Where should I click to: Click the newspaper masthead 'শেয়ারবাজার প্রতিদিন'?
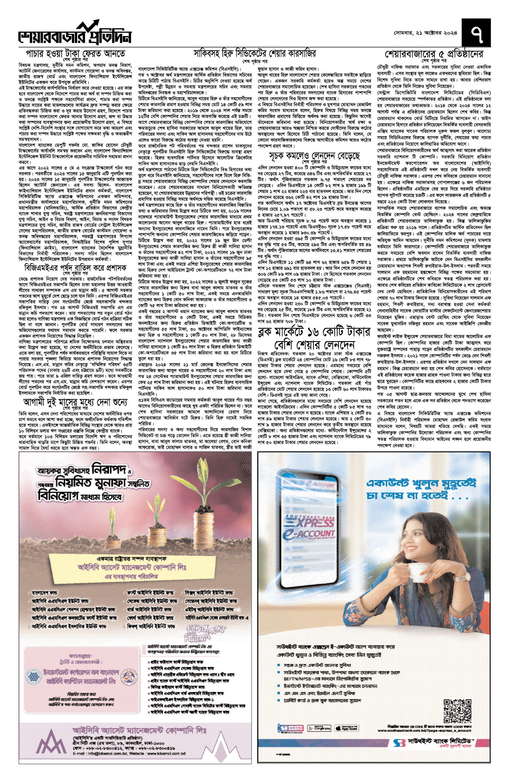click(75, 36)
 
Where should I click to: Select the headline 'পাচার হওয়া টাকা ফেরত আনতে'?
click(76, 54)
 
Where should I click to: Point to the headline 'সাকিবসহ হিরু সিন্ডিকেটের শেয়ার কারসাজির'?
click(255, 53)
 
